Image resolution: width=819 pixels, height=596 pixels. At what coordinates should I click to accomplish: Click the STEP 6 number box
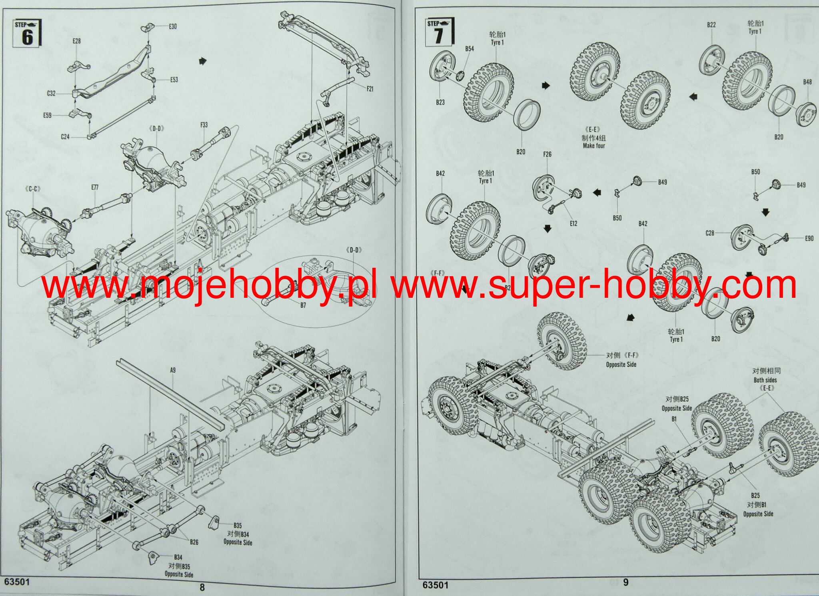(x=27, y=33)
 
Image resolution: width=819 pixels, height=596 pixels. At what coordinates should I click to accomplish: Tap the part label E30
(x=172, y=26)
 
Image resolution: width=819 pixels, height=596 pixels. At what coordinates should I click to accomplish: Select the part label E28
(x=76, y=41)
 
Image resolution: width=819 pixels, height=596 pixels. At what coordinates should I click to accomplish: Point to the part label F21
(x=370, y=89)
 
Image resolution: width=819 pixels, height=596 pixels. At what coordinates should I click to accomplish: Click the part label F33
(x=204, y=125)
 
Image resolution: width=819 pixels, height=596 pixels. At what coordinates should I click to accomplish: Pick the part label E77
(x=94, y=187)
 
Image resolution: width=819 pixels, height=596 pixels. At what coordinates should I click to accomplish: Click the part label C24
(x=65, y=136)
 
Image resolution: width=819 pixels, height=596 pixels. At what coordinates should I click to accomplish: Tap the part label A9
(x=173, y=370)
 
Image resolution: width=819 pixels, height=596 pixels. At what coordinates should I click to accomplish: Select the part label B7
(x=303, y=306)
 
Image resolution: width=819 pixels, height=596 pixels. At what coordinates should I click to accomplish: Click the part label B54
(x=469, y=49)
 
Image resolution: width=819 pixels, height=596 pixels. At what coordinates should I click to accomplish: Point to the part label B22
(x=711, y=25)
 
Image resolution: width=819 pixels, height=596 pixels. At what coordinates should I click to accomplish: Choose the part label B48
(x=807, y=82)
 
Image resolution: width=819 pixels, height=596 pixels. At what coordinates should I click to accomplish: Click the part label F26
(x=547, y=154)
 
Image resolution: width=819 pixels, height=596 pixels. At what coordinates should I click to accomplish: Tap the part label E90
(x=809, y=238)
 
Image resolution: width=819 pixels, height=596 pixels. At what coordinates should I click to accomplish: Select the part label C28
(x=710, y=233)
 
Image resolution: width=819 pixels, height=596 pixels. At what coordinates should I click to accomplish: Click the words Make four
(x=594, y=146)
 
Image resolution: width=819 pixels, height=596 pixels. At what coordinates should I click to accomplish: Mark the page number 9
(x=626, y=582)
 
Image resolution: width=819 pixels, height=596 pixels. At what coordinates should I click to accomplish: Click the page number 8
(x=202, y=587)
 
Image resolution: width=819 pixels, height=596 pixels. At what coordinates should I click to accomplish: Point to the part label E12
(x=573, y=223)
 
